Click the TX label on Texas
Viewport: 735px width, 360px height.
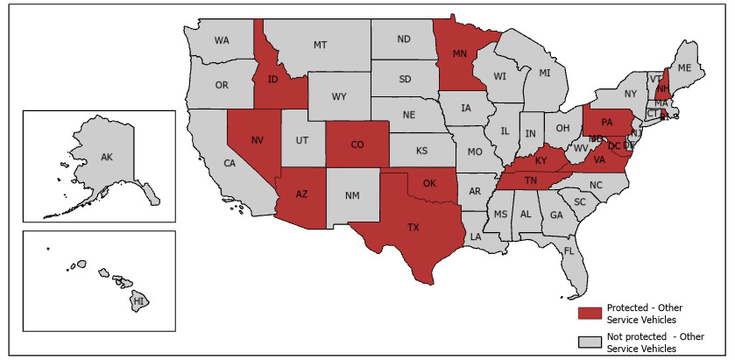pos(413,226)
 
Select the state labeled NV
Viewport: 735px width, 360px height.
pos(258,140)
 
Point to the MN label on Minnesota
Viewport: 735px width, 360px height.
pos(459,53)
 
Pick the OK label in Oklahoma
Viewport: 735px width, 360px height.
pos(429,184)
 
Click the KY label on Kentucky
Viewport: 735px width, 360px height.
pos(541,162)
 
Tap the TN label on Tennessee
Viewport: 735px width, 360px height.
pos(531,180)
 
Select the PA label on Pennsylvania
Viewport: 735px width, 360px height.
pos(606,122)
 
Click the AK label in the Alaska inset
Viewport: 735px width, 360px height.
pos(107,158)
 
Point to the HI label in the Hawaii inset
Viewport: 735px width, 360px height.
pos(138,301)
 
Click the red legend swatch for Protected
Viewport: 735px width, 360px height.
pos(590,313)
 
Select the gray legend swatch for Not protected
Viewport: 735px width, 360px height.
pos(590,342)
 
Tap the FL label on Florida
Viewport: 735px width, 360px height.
pos(569,251)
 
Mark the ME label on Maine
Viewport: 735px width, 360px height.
pos(684,68)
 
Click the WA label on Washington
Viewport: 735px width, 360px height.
pos(222,41)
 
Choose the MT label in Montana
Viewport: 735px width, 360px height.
pos(321,45)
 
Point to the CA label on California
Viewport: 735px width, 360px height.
pos(230,164)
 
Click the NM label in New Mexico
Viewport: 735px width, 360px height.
pos(350,194)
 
